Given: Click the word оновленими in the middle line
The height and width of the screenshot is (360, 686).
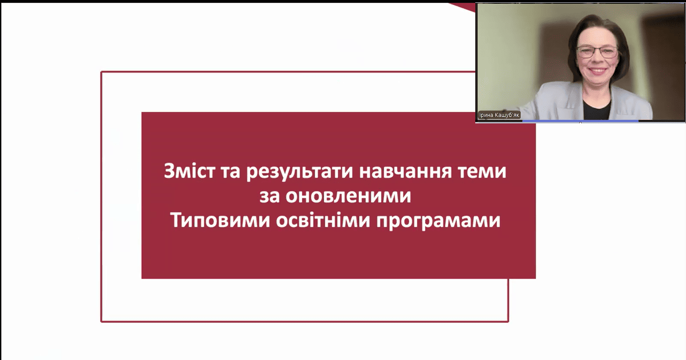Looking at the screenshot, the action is (348, 196).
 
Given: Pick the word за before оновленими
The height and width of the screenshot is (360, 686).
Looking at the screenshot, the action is (270, 196).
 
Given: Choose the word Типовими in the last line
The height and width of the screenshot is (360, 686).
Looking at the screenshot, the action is (220, 220).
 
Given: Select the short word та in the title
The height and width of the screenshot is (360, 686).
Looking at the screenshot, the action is (230, 172).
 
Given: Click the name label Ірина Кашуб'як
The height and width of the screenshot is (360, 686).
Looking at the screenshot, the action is (499, 115).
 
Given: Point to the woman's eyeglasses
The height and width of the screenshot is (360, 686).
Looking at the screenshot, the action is (597, 51).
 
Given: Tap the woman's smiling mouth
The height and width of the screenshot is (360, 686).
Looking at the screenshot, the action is (598, 71).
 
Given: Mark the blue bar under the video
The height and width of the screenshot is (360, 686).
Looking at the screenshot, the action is (580, 121).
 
